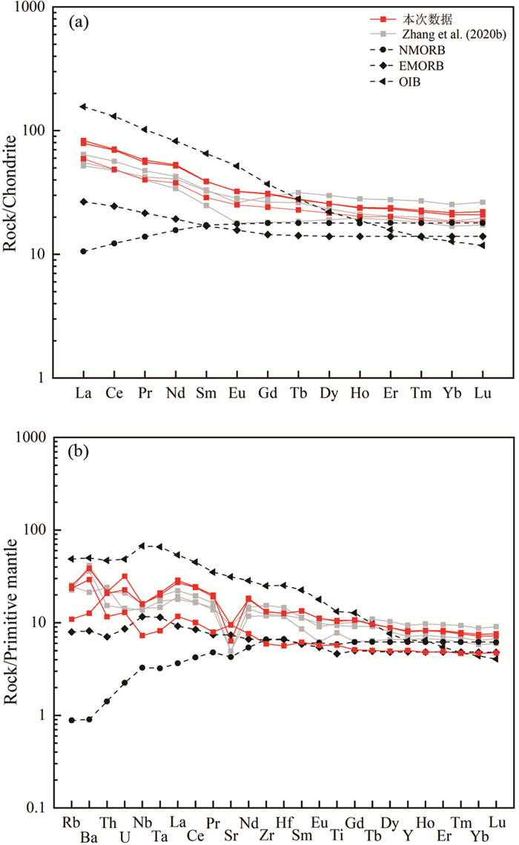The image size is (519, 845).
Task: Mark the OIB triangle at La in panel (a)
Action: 84,106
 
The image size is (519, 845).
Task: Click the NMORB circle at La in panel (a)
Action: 84,251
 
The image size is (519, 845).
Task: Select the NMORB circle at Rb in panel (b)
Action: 72,720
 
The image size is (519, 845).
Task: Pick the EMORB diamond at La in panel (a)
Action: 84,201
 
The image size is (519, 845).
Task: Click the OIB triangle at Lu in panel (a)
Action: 482,245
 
